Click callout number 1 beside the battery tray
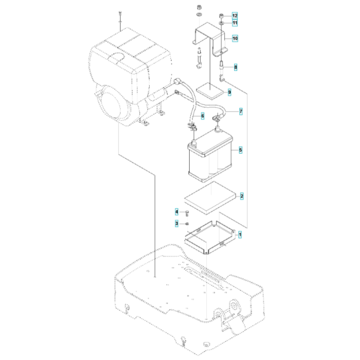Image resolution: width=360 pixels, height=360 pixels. pyautogui.click(x=240, y=236)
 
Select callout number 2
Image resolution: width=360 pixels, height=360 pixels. pyautogui.click(x=240, y=195)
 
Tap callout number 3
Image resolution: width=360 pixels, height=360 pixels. pyautogui.click(x=177, y=223)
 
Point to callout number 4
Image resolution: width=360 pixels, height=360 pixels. pyautogui.click(x=177, y=212)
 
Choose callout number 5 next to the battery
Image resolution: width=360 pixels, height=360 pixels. pyautogui.click(x=240, y=150)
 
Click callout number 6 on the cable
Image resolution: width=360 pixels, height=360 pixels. pyautogui.click(x=202, y=116)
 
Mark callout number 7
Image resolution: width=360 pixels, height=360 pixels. pyautogui.click(x=240, y=111)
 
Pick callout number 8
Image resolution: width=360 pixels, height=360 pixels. pyautogui.click(x=235, y=67)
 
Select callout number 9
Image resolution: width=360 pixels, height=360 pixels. pyautogui.click(x=228, y=93)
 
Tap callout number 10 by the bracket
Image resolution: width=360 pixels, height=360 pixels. pyautogui.click(x=235, y=39)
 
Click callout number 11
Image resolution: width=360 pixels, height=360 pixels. pyautogui.click(x=235, y=23)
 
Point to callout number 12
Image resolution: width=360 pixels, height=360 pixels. pyautogui.click(x=235, y=15)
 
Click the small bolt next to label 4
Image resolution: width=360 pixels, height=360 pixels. pyautogui.click(x=188, y=212)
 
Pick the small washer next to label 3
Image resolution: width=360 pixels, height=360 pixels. pyautogui.click(x=187, y=223)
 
